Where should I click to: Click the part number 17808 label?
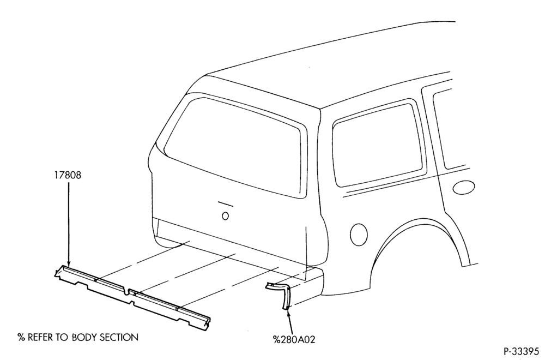[x=68, y=175]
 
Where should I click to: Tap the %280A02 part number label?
[x=294, y=339]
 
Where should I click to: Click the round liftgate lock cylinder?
[x=225, y=216]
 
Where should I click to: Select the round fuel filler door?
[x=359, y=234]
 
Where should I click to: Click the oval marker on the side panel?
[x=464, y=187]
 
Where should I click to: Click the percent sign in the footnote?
[x=22, y=337]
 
